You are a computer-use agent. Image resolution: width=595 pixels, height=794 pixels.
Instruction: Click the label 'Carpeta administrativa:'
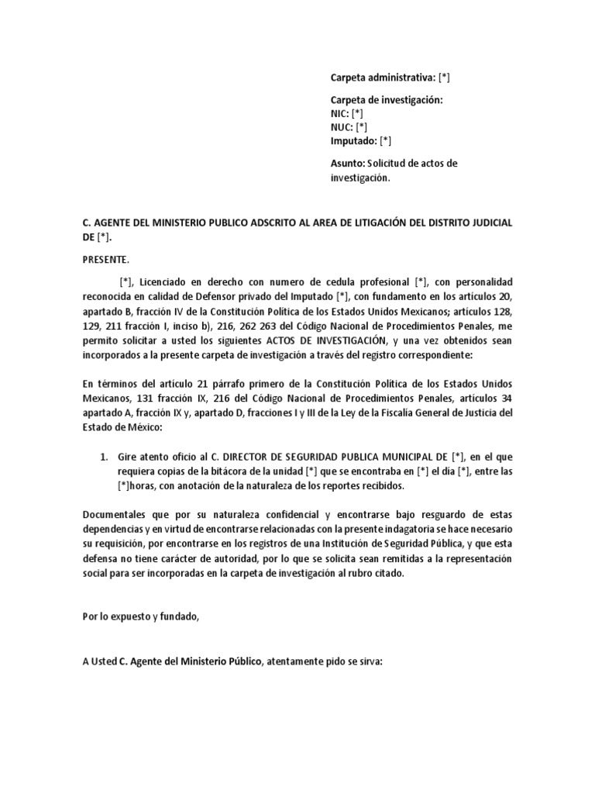[382, 78]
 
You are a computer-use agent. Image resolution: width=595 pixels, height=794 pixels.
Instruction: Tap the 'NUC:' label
[342, 127]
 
